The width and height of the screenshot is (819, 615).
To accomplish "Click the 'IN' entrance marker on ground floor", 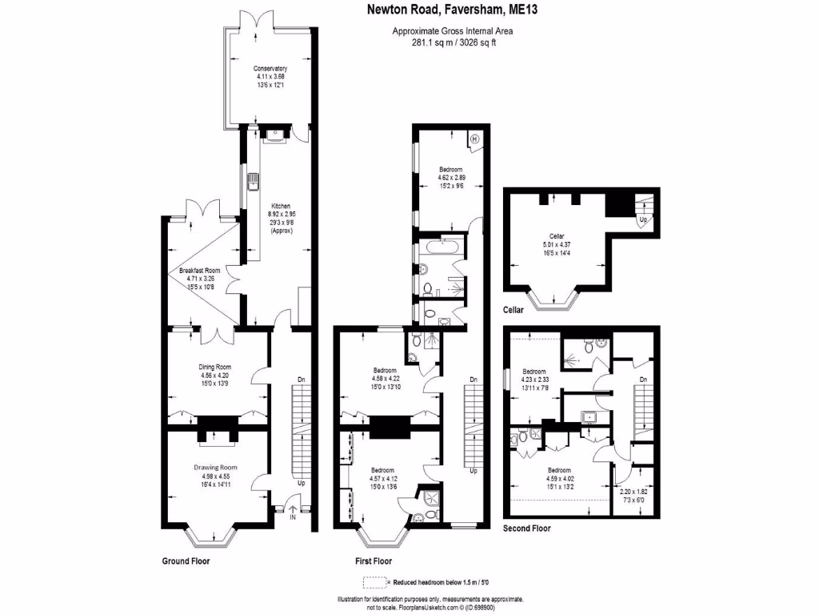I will tap(293, 518).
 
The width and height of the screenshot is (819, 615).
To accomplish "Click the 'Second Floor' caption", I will tap(526, 529).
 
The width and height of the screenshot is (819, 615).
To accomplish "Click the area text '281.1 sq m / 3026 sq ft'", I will tap(452, 42).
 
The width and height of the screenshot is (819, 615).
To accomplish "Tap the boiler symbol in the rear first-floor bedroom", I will tap(474, 139).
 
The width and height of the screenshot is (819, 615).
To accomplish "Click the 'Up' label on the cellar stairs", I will tap(642, 217).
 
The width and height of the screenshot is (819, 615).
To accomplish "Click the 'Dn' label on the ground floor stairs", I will tap(300, 380).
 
